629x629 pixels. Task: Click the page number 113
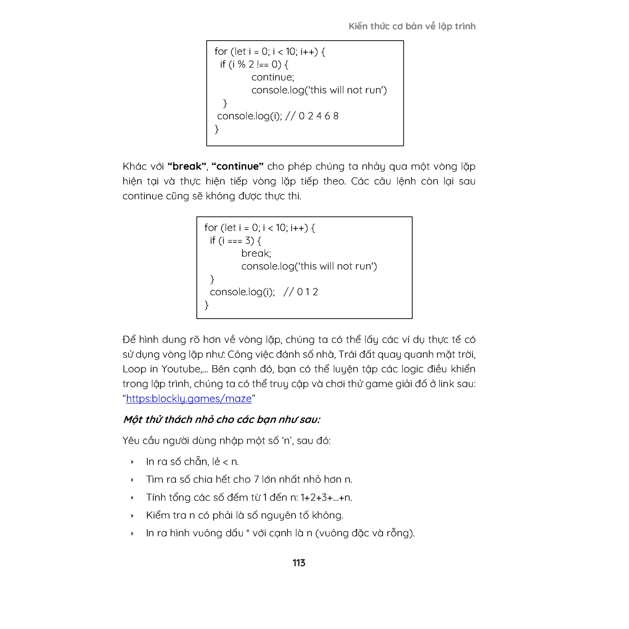(x=299, y=563)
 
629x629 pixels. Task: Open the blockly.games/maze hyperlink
(x=189, y=399)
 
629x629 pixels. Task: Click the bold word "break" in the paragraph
(x=187, y=166)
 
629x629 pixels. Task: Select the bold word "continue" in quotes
(x=237, y=166)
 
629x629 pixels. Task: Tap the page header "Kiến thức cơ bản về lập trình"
(x=412, y=26)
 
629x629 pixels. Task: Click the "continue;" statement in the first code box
(x=272, y=77)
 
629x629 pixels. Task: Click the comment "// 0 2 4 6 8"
(x=312, y=116)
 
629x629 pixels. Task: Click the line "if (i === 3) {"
(x=235, y=241)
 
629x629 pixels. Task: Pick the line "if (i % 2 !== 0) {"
(x=254, y=64)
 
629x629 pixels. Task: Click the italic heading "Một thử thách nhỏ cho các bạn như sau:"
(x=221, y=419)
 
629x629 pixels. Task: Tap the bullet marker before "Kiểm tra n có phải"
(x=132, y=516)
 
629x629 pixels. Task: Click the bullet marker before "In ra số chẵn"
(x=132, y=462)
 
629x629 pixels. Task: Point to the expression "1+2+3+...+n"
(x=326, y=498)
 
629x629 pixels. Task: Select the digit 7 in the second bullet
(x=256, y=480)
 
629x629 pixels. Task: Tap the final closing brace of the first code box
(x=216, y=129)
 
